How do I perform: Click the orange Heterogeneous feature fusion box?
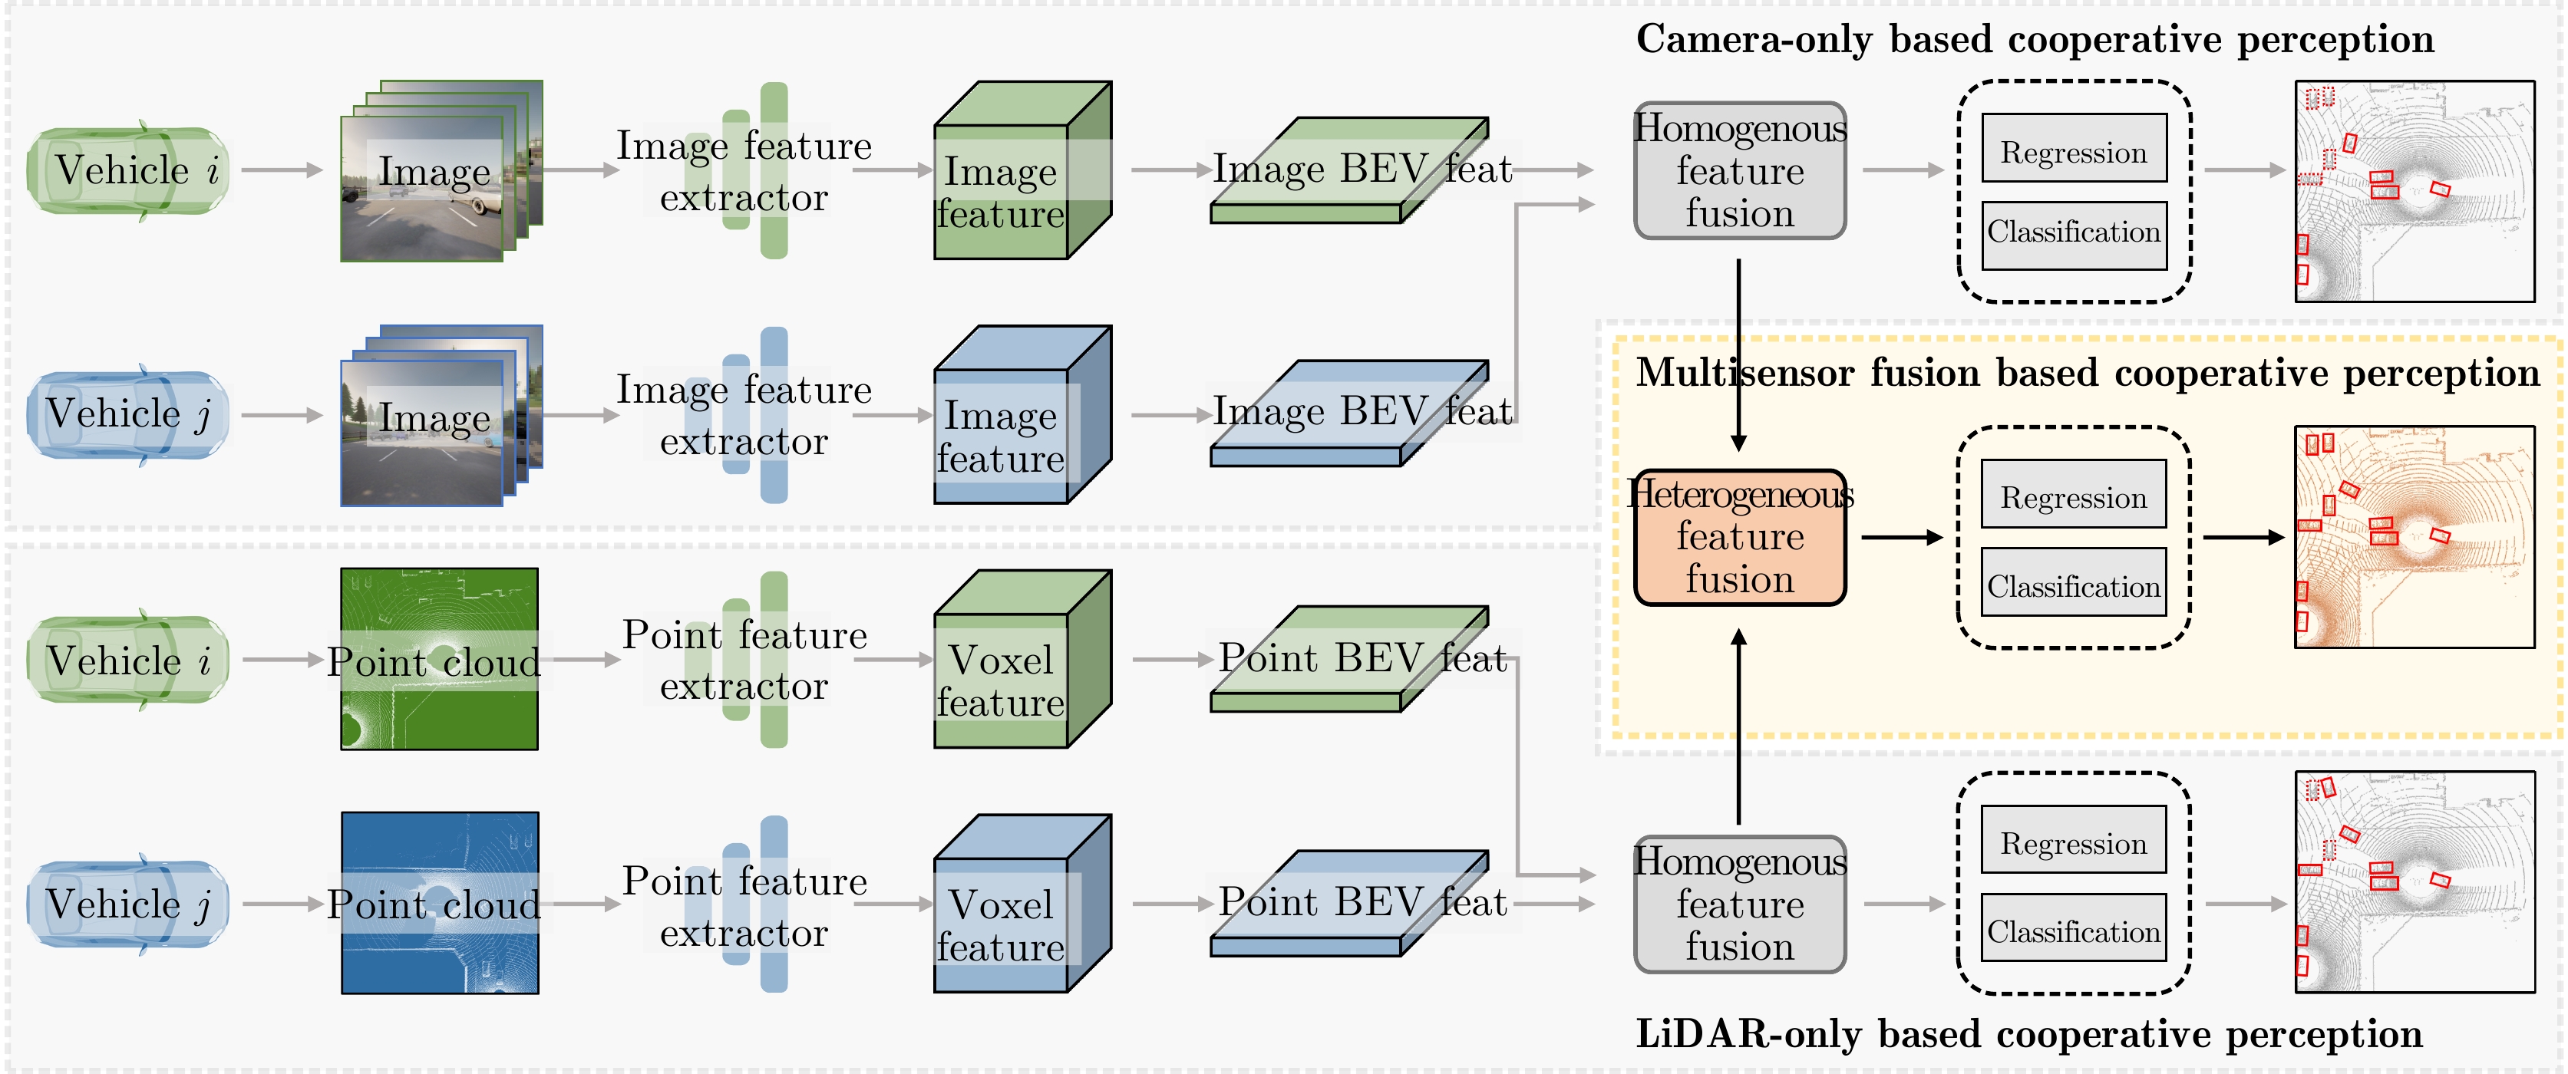(1740, 538)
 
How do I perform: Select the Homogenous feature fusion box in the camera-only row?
(1740, 170)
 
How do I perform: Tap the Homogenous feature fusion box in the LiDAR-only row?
(1740, 904)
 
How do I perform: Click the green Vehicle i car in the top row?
(127, 170)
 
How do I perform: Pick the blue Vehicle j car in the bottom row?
(127, 904)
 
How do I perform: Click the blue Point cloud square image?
(439, 903)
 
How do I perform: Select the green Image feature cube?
(1021, 170)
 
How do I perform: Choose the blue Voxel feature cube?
(1021, 904)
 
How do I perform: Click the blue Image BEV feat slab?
(1348, 414)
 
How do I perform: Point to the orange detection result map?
(2414, 537)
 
